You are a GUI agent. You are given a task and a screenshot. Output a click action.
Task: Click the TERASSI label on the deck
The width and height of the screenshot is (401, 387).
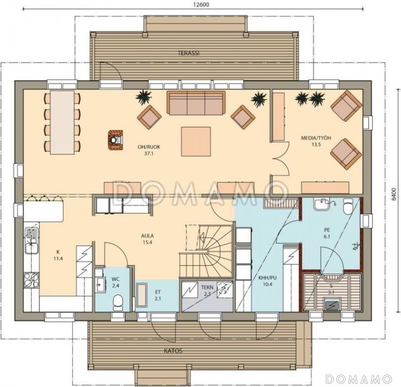point(188,53)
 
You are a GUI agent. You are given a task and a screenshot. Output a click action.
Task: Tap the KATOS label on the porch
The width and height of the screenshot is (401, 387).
point(173,350)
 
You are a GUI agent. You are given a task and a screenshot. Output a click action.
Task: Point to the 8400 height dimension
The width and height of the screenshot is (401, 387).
point(393,194)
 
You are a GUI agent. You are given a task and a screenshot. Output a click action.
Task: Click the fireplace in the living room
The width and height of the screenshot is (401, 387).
point(115,140)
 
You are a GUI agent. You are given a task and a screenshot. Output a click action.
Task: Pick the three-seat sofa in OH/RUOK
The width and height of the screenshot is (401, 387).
point(196,103)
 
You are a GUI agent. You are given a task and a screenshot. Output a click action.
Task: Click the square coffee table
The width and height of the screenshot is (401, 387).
point(196,141)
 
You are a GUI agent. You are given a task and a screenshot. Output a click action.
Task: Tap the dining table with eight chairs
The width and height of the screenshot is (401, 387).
point(62,122)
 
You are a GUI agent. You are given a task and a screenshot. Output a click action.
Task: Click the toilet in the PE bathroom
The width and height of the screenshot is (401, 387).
point(348,206)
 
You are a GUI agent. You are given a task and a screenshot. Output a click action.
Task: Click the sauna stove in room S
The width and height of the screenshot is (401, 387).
point(332,304)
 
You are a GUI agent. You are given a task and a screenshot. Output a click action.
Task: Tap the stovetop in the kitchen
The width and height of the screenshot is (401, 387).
point(32,280)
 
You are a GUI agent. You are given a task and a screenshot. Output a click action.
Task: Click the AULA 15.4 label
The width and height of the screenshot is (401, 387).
point(147,239)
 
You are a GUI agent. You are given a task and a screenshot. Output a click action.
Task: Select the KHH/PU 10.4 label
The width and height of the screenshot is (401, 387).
point(267,281)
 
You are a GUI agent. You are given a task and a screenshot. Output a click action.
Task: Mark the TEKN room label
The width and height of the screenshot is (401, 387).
point(207,287)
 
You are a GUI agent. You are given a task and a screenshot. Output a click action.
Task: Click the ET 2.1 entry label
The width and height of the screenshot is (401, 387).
point(158,295)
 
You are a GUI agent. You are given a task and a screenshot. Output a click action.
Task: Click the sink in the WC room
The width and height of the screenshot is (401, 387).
point(100,284)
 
